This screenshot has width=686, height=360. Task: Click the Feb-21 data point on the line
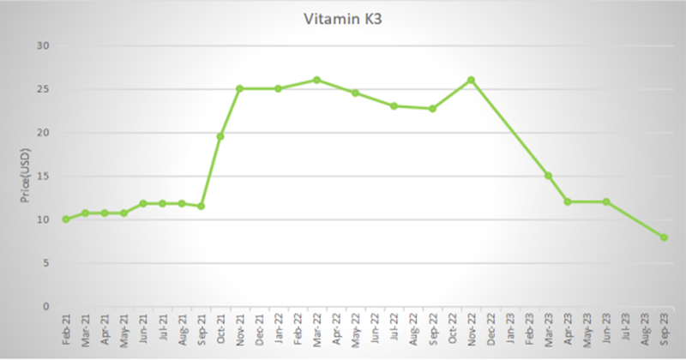(x=65, y=219)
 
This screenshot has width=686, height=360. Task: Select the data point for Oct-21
(x=220, y=136)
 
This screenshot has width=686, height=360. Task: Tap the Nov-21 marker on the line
(x=239, y=88)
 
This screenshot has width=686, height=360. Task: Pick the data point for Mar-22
(x=316, y=80)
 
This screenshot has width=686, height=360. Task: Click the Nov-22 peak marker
(x=471, y=80)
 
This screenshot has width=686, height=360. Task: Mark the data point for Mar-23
(x=548, y=176)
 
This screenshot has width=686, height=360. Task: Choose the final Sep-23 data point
(x=664, y=237)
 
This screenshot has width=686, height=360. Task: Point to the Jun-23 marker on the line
(x=606, y=201)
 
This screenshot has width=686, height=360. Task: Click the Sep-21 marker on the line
(x=201, y=207)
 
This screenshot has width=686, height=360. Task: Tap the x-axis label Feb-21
(x=66, y=330)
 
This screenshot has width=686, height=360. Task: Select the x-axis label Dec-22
(x=490, y=330)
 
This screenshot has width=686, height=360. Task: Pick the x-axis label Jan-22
(x=279, y=330)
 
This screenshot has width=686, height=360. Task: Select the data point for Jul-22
(x=394, y=105)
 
